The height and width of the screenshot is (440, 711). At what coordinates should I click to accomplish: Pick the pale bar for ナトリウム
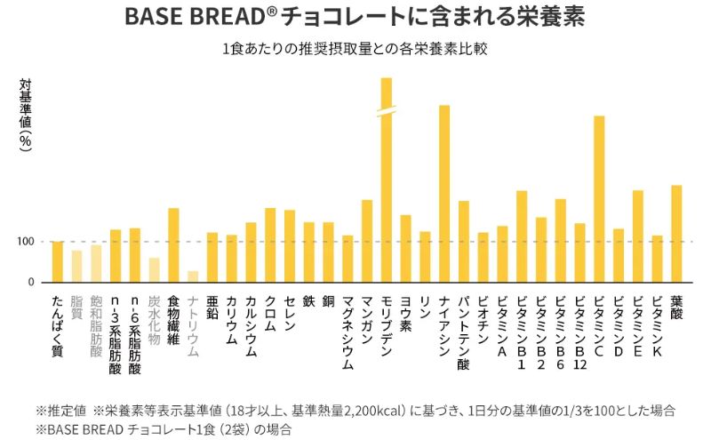[x=193, y=276]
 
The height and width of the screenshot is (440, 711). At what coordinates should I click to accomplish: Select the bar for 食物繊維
[x=173, y=244]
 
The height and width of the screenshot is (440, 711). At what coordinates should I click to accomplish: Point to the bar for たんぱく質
[x=58, y=261]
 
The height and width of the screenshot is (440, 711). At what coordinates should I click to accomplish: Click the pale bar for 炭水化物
[x=154, y=269]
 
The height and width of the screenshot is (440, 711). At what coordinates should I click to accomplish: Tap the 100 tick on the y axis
[x=24, y=242]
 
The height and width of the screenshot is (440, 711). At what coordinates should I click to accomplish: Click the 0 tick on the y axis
[x=30, y=282]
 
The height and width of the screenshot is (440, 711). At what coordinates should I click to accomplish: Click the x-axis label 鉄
[x=308, y=302]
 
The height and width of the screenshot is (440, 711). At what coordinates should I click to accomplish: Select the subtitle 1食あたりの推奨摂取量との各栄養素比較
[x=356, y=48]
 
